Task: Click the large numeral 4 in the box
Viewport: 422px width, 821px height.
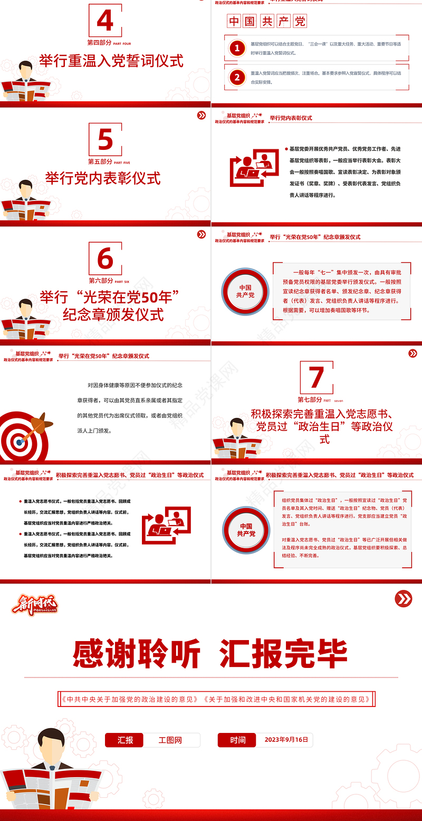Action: tap(105, 21)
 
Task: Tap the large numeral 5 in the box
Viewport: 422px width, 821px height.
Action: tap(105, 140)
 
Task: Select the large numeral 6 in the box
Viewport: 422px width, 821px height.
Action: tap(105, 259)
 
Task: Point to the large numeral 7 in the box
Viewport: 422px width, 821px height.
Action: tap(316, 378)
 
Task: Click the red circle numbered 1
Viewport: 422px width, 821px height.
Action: tap(237, 49)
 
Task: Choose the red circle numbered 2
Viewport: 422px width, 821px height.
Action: tap(237, 78)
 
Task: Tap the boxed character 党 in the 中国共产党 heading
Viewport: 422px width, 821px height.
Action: tap(300, 22)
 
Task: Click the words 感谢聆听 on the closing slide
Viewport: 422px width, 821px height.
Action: tap(137, 654)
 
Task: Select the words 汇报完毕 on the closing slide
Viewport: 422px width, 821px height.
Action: tap(283, 654)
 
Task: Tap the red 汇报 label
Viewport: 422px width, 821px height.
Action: tap(125, 740)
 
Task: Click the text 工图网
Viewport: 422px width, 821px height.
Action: tap(170, 740)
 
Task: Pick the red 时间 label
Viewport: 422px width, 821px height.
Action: tap(237, 740)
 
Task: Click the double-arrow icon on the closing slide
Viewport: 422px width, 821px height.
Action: tap(404, 598)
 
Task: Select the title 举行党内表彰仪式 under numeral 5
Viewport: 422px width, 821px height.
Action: tap(103, 178)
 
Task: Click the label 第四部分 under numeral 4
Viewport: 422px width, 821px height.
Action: tap(99, 42)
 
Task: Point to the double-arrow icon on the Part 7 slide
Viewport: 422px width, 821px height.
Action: tap(413, 354)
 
